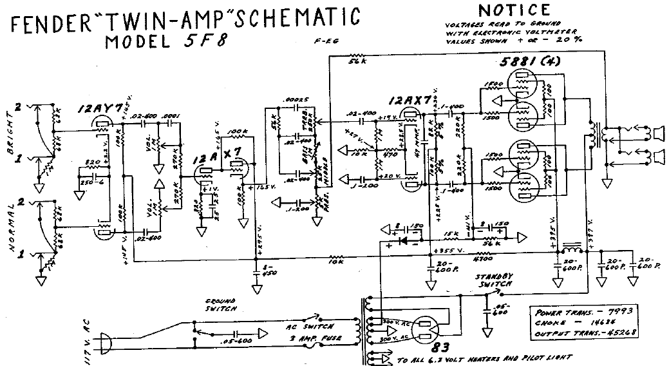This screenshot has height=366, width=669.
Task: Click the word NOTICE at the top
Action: tap(514, 10)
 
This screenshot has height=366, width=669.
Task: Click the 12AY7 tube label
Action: tap(99, 110)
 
